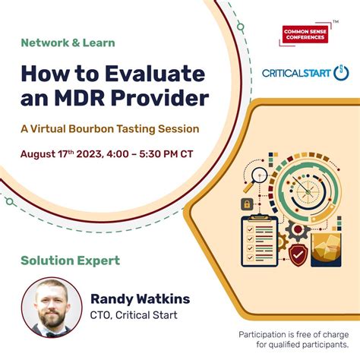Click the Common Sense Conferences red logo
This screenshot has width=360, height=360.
click(305, 34)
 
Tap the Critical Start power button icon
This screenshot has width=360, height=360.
click(341, 73)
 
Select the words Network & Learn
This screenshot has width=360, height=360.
click(68, 43)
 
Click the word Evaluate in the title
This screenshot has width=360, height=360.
click(155, 74)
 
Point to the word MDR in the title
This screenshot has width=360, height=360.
click(80, 98)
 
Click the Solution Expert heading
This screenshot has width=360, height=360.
click(70, 261)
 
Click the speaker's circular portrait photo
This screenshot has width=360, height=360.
click(52, 308)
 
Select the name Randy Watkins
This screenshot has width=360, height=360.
click(141, 299)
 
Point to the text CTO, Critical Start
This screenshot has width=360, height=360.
click(134, 315)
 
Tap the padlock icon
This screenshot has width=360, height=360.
click(247, 204)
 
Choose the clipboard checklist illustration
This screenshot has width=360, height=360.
click(260, 241)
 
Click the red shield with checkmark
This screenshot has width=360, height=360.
click(298, 254)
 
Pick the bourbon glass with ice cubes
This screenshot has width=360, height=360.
click(326, 250)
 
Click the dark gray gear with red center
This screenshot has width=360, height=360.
click(298, 230)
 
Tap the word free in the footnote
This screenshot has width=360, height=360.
click(302, 335)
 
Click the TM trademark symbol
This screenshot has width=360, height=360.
click(336, 22)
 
